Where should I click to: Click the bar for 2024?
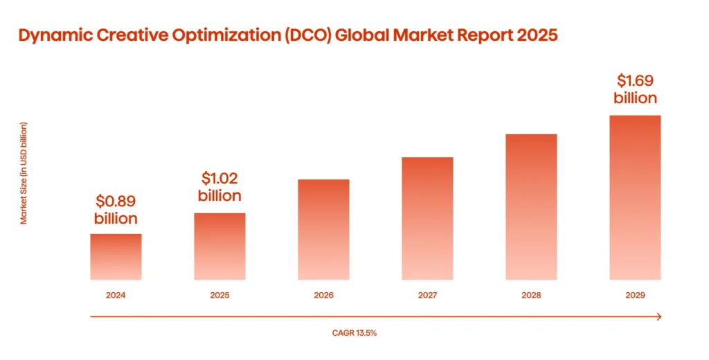116,257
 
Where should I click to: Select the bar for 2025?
219,246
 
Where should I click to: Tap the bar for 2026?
323,230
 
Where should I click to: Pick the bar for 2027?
427,219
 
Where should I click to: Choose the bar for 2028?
531,207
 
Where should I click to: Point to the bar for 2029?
635,198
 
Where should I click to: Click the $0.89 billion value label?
116,210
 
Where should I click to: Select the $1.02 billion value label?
219,187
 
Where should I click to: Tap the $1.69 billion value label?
635,89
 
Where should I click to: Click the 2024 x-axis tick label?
116,296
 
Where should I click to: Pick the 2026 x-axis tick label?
323,296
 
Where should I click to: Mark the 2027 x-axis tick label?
427,296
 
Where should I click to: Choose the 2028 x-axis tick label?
531,296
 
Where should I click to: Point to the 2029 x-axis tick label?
635,296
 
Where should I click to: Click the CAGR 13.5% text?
354,333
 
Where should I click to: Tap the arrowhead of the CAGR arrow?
658,317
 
